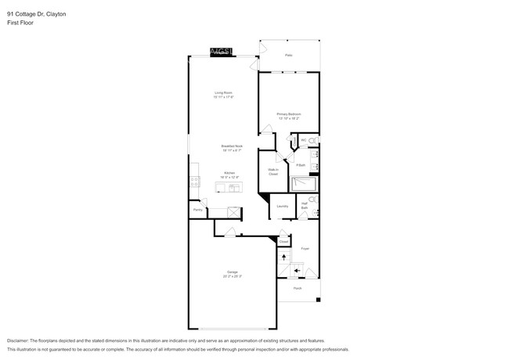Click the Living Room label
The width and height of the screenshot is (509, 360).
(x=224, y=93)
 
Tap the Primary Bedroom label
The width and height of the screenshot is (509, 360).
(x=288, y=114)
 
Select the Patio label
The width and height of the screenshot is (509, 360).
(x=288, y=56)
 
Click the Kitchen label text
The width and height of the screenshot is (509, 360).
(x=229, y=173)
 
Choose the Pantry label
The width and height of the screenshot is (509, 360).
(x=198, y=210)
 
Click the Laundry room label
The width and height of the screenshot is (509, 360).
(x=282, y=207)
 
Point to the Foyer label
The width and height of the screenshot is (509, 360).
(x=305, y=249)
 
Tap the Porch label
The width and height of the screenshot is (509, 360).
(x=298, y=288)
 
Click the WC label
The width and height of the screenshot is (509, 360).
(x=303, y=140)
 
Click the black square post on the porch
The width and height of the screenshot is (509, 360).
(x=318, y=300)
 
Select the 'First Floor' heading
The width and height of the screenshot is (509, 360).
(x=20, y=23)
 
